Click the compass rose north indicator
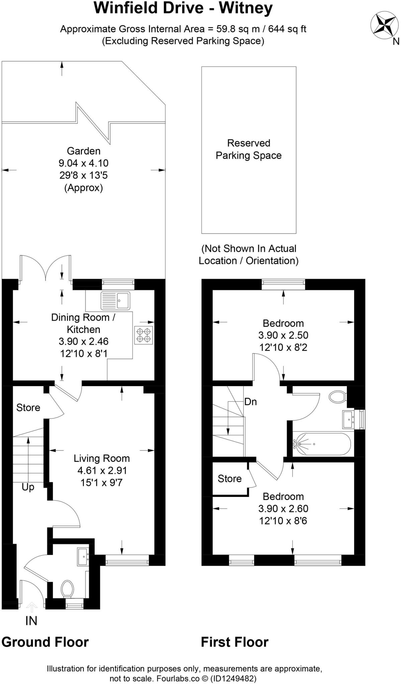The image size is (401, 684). [x=384, y=24]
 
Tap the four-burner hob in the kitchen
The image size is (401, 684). [x=144, y=335]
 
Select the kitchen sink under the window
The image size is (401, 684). [x=115, y=301]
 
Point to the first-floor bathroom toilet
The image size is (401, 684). [x=337, y=397]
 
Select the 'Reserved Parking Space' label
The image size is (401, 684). [x=248, y=149]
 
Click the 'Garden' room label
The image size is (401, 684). [x=84, y=151]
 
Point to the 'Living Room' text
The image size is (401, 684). [x=102, y=458]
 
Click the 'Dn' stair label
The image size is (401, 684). [x=250, y=401]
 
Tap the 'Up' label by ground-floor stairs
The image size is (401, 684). [x=28, y=487]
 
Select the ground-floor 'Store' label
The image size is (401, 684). [x=28, y=407]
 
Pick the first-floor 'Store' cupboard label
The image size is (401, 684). [x=229, y=479]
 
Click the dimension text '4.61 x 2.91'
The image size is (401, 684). [x=102, y=470]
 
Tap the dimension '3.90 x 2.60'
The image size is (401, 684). [x=283, y=508]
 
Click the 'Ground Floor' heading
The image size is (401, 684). [x=45, y=642]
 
